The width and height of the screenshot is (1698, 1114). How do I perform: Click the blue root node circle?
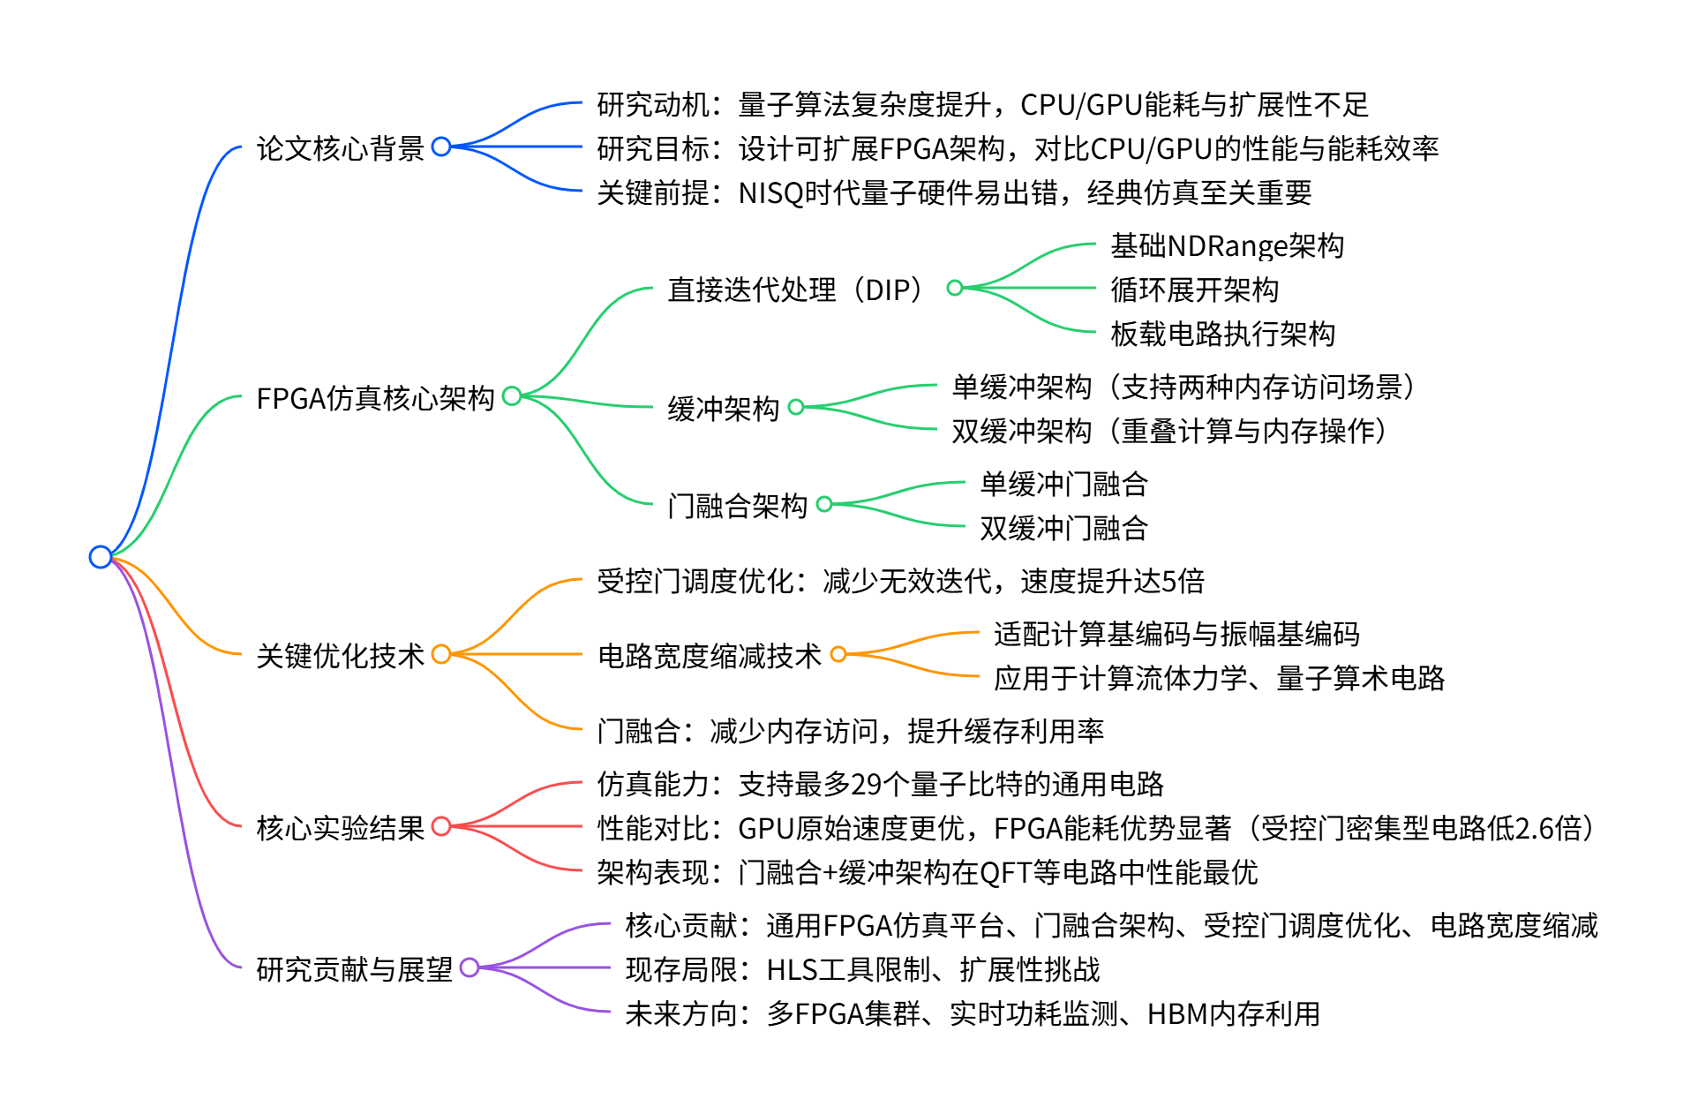101,557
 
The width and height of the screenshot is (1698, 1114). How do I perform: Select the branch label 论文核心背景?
340,148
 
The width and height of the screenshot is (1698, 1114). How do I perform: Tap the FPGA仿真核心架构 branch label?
375,398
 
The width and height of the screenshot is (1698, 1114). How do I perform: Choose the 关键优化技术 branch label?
340,656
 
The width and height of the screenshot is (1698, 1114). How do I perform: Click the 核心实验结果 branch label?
340,828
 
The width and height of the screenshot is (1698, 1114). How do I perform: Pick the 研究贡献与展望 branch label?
354,969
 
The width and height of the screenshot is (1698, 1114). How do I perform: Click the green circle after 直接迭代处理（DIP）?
954,288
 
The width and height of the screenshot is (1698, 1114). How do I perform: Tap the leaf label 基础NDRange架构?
1227,245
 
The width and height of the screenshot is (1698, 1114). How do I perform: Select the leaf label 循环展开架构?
1194,290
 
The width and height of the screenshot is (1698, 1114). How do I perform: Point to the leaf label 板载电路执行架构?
1222,334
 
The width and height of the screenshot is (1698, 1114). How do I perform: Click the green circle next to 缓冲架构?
796,407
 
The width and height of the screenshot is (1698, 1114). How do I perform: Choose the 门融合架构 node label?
737,506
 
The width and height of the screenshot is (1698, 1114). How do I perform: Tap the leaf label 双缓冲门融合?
1063,528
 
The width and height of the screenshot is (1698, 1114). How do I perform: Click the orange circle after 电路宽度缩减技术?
838,654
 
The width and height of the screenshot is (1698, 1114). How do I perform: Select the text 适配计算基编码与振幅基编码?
1176,634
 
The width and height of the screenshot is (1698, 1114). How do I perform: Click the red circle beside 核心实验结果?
441,826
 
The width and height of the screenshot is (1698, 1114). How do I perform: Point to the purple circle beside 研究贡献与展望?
470,967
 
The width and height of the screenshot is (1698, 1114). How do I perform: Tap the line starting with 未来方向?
972,1013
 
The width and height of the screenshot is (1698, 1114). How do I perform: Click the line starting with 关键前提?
954,192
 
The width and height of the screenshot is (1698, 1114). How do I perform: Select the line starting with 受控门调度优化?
900,581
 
